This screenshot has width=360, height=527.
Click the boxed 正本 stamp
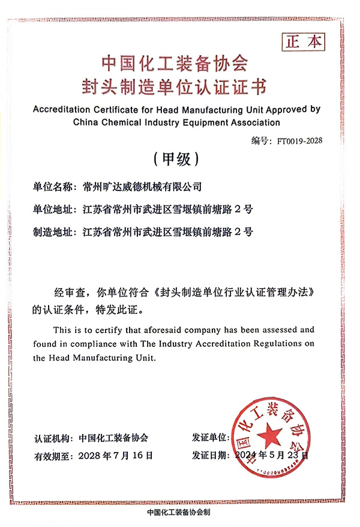(x=302, y=41)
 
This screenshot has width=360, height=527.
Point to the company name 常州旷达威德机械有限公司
(x=142, y=187)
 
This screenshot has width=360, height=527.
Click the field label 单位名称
(x=54, y=187)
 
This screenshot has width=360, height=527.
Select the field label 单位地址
(x=54, y=209)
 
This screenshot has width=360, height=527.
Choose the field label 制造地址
(x=54, y=230)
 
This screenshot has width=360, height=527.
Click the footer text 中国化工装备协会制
(x=179, y=513)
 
